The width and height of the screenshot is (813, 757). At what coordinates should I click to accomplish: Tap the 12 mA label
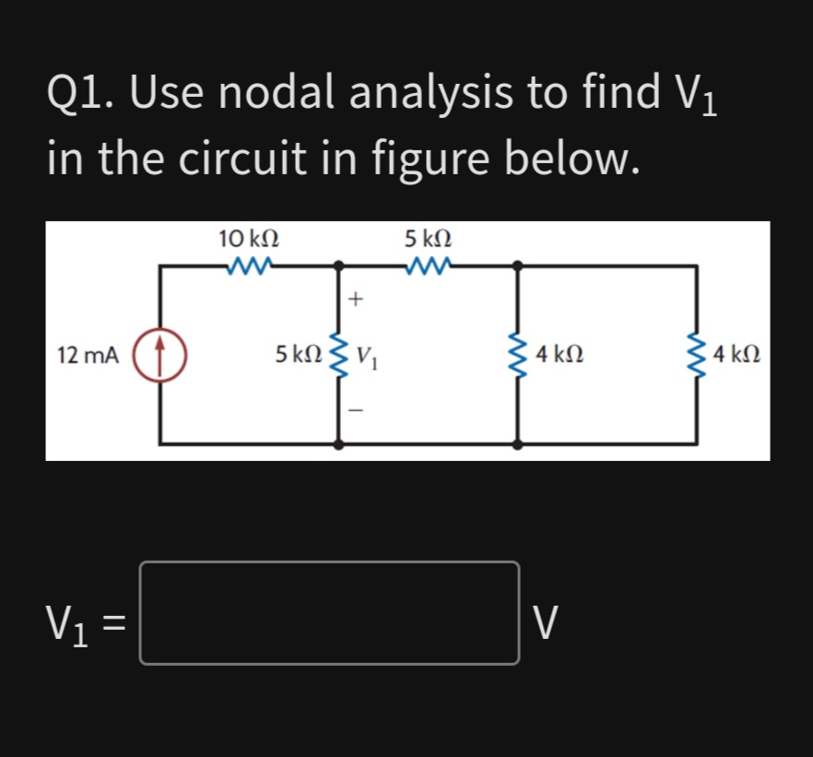coord(88,355)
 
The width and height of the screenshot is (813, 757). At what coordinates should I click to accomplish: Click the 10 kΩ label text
coord(249,238)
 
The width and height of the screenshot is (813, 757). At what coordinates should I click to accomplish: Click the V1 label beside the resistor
coord(366,355)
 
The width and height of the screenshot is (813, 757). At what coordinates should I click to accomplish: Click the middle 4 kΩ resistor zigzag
coord(517,354)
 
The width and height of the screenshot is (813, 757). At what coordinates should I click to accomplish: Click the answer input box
coord(329,613)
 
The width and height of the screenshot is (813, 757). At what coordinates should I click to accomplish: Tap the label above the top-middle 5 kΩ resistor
coord(430,238)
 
